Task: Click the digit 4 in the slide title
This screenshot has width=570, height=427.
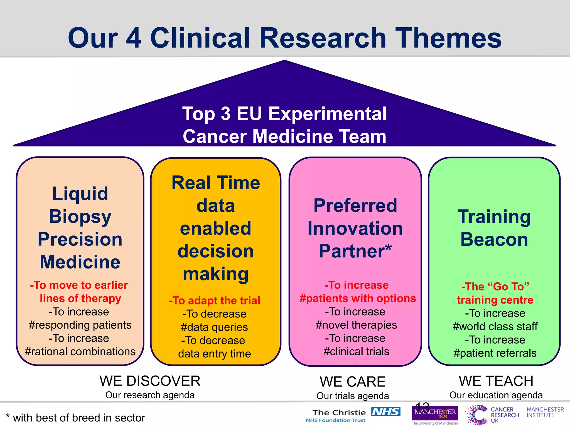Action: tap(134, 38)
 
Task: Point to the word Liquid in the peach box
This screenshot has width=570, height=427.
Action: tap(80, 193)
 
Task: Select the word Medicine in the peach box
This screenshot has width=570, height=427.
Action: tap(80, 262)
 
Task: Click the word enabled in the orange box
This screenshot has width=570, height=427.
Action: tap(215, 229)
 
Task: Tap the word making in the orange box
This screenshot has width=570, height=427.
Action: tap(215, 274)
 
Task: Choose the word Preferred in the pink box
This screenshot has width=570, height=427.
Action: tap(355, 206)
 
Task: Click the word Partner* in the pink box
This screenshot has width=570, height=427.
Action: tap(355, 251)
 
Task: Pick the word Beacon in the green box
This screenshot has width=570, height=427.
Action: tap(494, 239)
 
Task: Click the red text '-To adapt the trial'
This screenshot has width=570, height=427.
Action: tap(215, 301)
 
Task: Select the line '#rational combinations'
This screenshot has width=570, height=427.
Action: tap(80, 352)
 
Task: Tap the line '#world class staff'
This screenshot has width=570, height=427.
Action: tap(495, 326)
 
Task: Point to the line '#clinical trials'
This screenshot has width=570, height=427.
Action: tap(356, 352)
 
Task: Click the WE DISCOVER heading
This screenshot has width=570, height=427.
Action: tap(150, 381)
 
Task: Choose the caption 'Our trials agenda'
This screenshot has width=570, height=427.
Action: tap(352, 396)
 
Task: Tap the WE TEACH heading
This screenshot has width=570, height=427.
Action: tap(496, 381)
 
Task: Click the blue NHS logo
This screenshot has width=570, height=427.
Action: tap(386, 412)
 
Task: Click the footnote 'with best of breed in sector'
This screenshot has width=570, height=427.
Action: tap(79, 418)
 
